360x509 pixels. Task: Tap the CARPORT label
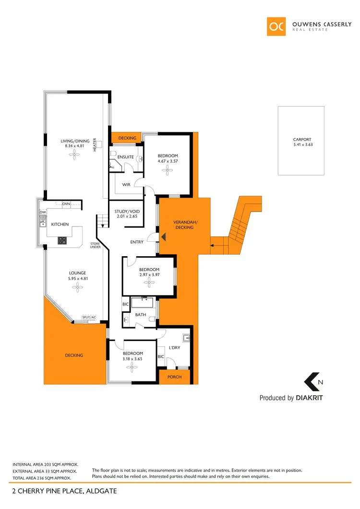tap(302, 140)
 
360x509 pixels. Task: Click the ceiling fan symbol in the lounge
tap(75, 287)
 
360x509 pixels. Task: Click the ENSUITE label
tap(125, 157)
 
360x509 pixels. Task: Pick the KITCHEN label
tap(60, 224)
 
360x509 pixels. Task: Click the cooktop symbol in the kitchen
tap(62, 240)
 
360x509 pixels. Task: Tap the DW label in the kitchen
tap(43, 212)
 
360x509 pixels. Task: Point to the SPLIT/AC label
tap(89, 318)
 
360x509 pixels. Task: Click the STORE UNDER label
tap(95, 245)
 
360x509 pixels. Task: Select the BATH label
tap(140, 315)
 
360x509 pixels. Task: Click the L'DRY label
tap(174, 347)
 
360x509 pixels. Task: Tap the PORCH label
tap(174, 377)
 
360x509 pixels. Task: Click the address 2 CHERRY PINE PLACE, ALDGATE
tap(64, 491)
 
